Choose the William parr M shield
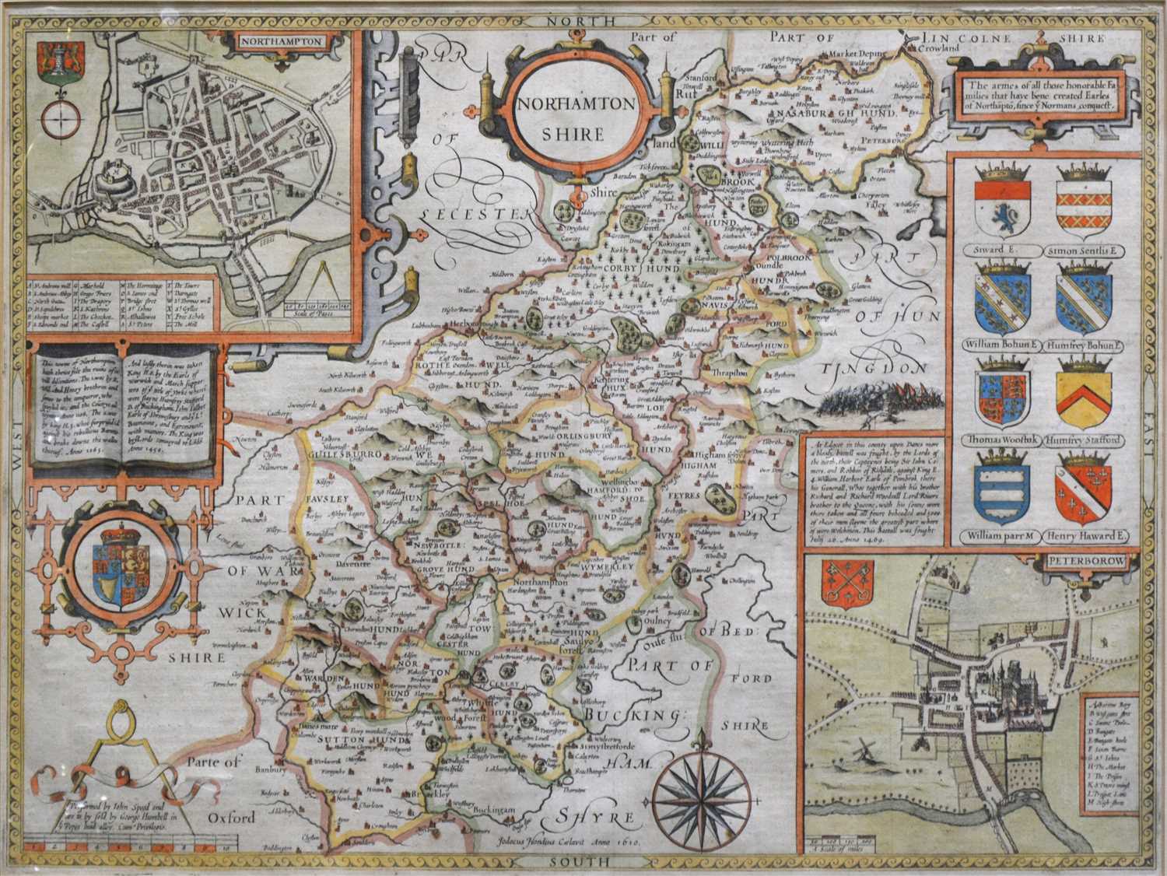(1003, 495)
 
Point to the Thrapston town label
(728, 373)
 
